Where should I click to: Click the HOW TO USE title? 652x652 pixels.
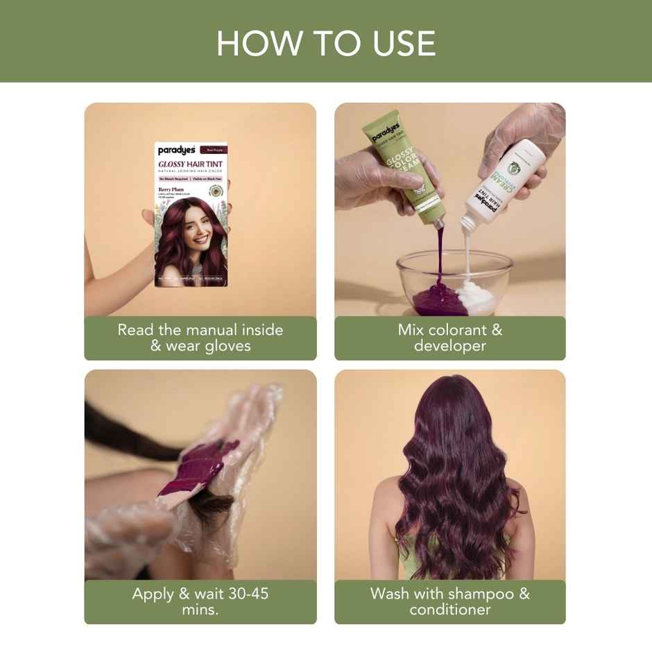326,43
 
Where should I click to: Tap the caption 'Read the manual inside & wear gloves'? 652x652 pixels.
200,338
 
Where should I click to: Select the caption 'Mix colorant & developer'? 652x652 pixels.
450,338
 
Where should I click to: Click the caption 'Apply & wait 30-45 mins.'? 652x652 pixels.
200,601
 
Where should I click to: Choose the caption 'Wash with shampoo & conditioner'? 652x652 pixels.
450,601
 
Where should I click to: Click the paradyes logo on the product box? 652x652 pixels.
176,150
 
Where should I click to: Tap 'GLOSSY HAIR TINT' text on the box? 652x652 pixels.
191,164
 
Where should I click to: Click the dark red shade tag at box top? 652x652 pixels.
212,149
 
